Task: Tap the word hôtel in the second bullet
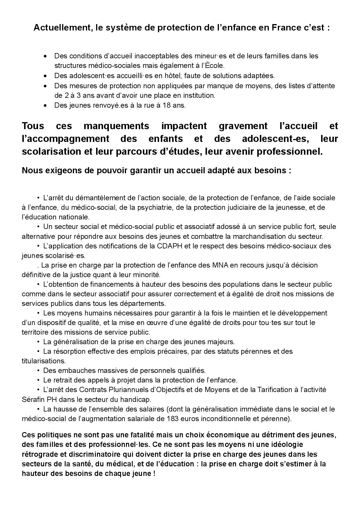(163, 76)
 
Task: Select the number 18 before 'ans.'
(166, 105)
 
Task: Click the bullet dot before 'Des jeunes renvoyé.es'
(45, 106)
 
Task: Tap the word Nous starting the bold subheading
(32, 170)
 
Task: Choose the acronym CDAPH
(170, 246)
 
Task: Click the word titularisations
(44, 361)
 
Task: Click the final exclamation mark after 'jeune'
(154, 474)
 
